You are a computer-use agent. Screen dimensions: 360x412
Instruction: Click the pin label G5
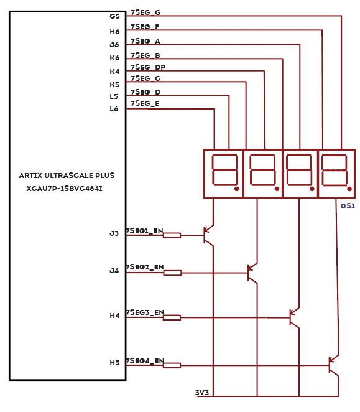pos(114,16)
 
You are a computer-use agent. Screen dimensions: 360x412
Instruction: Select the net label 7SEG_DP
pos(148,67)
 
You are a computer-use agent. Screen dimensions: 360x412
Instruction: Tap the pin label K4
pos(114,72)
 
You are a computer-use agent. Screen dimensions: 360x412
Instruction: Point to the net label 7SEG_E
pos(145,103)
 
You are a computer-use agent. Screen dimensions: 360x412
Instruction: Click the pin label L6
pos(114,109)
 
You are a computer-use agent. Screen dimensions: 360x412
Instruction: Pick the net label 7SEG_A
pos(145,41)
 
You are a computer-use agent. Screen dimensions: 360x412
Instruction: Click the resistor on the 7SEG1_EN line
pos(172,235)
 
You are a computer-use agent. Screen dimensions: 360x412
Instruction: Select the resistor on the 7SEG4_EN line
pos(172,365)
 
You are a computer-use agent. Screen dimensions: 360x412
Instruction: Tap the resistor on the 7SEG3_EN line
pos(172,317)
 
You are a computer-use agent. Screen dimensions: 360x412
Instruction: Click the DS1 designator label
pos(348,206)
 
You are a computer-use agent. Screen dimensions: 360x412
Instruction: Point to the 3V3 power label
pos(202,393)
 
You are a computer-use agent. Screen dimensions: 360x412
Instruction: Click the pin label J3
pos(114,233)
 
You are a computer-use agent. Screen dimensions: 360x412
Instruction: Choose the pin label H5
pos(114,363)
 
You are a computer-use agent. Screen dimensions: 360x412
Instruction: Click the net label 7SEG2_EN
pos(145,267)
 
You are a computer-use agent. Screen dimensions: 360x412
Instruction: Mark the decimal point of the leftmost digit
pos(237,189)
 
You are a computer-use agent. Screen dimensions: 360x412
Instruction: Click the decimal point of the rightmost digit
pos(349,189)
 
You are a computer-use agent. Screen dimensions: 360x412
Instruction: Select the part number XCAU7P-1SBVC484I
pos(64,189)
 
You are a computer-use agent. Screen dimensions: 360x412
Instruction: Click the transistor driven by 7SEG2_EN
pos(252,273)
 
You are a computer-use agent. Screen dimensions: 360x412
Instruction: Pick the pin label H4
pos(114,316)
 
